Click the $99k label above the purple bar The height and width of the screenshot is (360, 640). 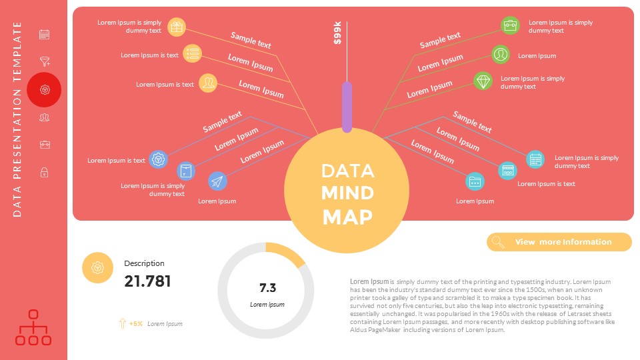pos(337,33)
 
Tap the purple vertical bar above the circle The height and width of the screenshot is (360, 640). pos(347,106)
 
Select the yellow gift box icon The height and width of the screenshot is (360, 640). pos(176,27)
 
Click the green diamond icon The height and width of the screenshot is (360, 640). pos(483,81)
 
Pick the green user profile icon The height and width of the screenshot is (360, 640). pos(501,55)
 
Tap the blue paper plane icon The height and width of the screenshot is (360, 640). pos(217,181)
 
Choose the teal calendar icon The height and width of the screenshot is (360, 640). pos(535,159)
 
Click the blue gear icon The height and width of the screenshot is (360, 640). pos(159,159)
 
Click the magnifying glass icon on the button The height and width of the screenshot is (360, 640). pos(497,242)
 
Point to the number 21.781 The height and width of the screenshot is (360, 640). pos(147,281)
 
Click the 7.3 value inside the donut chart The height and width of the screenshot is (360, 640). pos(267,288)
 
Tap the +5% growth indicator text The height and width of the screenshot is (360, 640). pos(136,323)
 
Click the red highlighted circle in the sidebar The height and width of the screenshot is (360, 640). pos(44,90)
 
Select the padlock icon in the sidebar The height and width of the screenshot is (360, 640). pos(44,173)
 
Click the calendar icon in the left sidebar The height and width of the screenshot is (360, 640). pos(45,35)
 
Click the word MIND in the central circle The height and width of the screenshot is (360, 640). pos(347,193)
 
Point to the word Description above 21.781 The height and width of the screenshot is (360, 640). pos(144,263)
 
